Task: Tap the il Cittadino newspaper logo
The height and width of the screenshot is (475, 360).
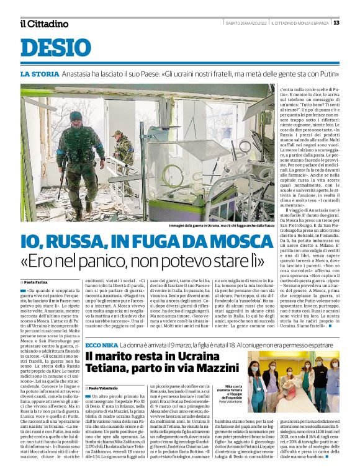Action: tap(44, 24)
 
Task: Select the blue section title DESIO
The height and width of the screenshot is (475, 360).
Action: tap(55, 49)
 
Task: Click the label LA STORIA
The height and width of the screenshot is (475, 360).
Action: tap(40, 74)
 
